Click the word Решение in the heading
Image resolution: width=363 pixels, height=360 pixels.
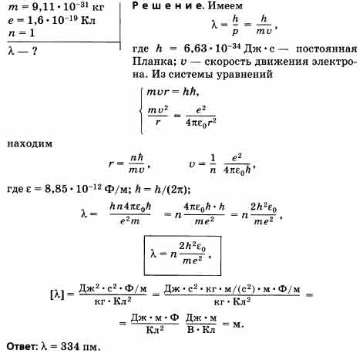[167, 5]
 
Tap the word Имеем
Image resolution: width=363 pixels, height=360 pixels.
[225, 5]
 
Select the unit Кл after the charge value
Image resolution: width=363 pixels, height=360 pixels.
[88, 21]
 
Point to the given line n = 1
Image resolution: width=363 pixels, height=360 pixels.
[21, 33]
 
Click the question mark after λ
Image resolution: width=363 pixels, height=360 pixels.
[35, 51]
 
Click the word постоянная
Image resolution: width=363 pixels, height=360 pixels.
[327, 49]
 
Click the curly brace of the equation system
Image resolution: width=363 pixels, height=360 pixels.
[141, 111]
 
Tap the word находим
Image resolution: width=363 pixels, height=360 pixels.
[30, 143]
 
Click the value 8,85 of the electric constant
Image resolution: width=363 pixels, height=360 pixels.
[55, 190]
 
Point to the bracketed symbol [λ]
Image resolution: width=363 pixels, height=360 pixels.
[57, 294]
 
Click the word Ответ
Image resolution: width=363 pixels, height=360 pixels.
[22, 347]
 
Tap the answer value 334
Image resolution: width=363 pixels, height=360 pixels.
[70, 347]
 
